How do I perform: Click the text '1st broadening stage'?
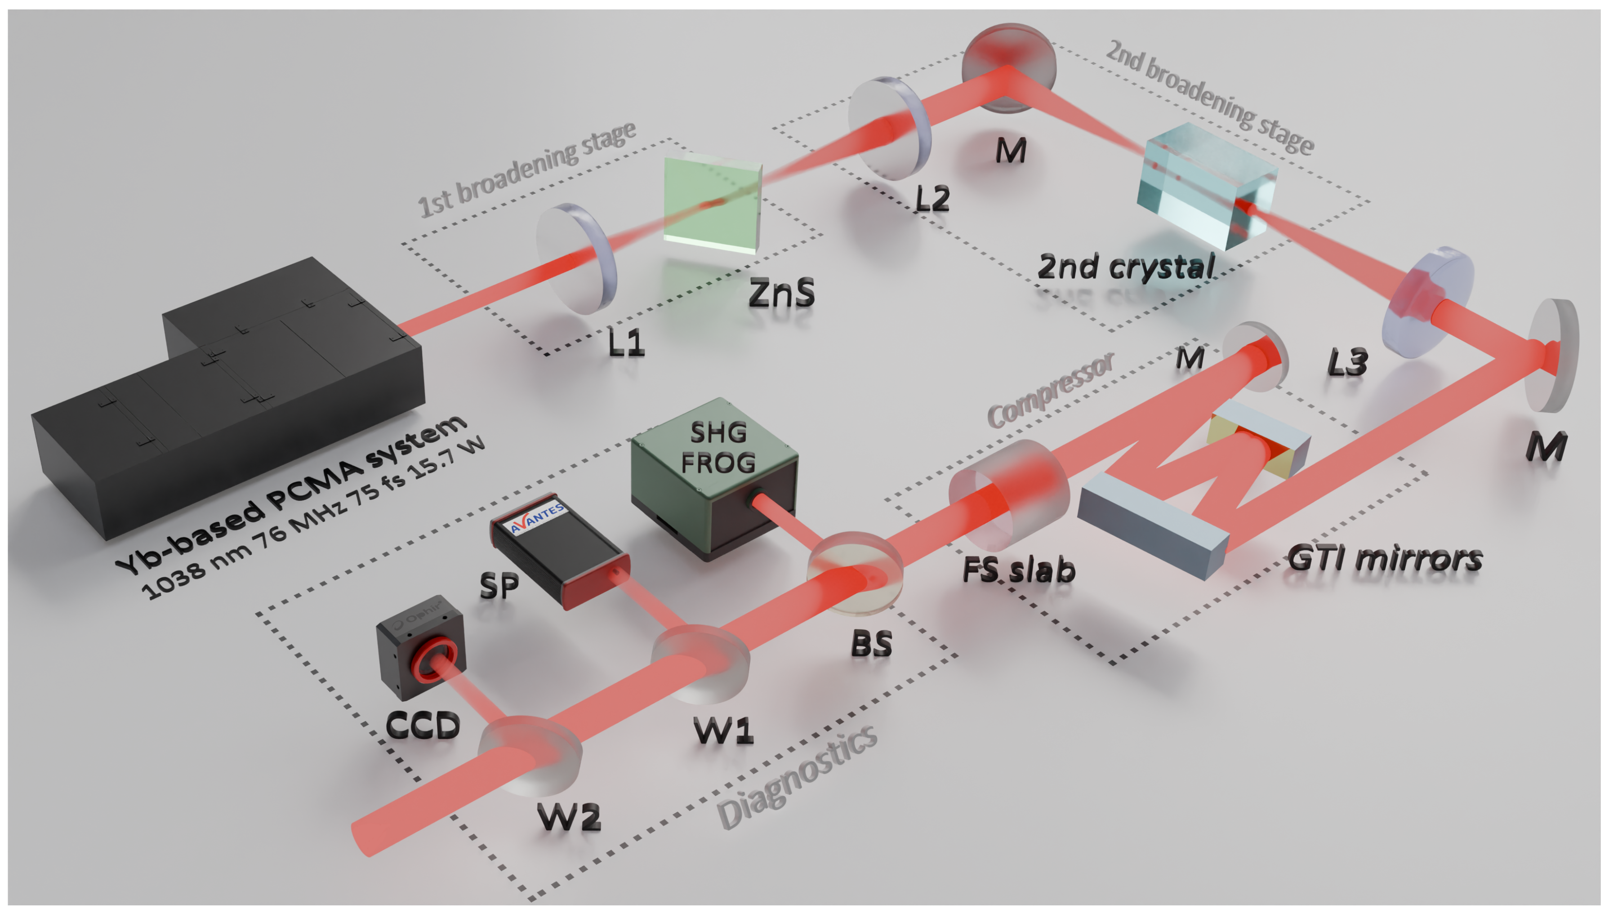click(527, 169)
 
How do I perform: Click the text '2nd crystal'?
click(1126, 267)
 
